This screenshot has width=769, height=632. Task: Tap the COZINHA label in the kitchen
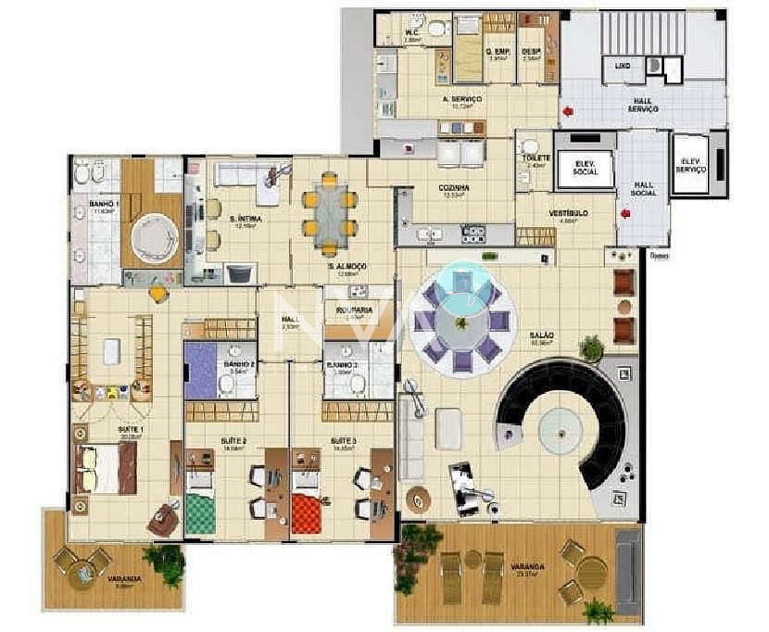click(x=453, y=187)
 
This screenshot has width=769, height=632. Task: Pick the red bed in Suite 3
click(x=306, y=508)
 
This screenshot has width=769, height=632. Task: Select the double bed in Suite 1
click(x=105, y=468)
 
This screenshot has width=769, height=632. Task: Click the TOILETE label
click(x=536, y=158)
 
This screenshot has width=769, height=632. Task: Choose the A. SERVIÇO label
click(x=460, y=98)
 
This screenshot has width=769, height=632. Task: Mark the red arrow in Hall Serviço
click(x=567, y=111)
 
